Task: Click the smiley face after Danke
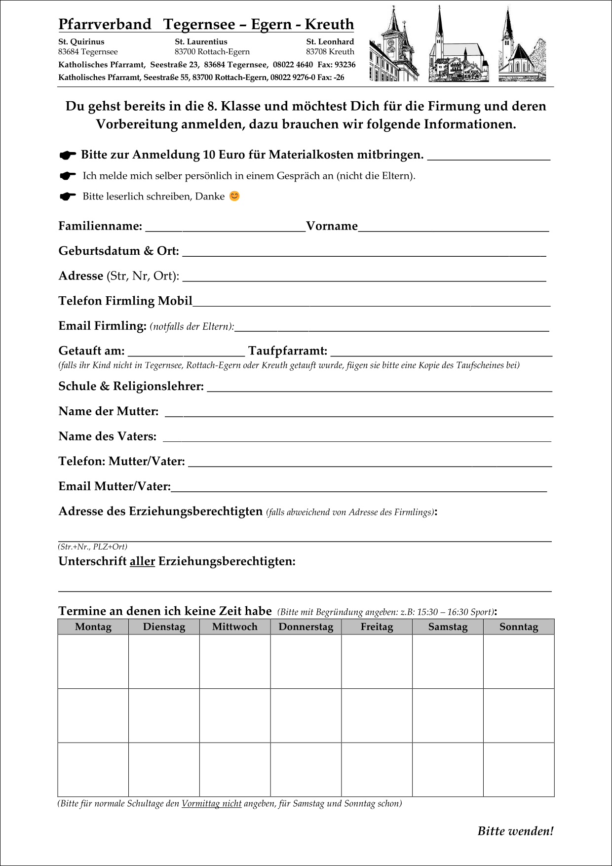234,196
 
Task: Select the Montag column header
93,627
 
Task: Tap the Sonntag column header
518,627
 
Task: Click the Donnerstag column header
306,627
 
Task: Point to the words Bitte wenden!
515,831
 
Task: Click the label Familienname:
100,226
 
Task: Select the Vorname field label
332,226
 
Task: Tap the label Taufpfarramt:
288,351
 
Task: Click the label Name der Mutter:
109,411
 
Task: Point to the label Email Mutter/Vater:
115,486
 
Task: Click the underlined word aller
142,561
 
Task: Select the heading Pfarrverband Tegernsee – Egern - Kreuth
206,24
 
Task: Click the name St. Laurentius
201,41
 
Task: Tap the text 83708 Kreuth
330,51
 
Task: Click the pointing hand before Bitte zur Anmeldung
68,155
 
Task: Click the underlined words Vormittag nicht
211,803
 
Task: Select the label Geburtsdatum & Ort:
118,251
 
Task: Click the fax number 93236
344,65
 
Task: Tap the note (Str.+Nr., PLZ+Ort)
93,547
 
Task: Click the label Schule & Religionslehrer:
131,386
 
